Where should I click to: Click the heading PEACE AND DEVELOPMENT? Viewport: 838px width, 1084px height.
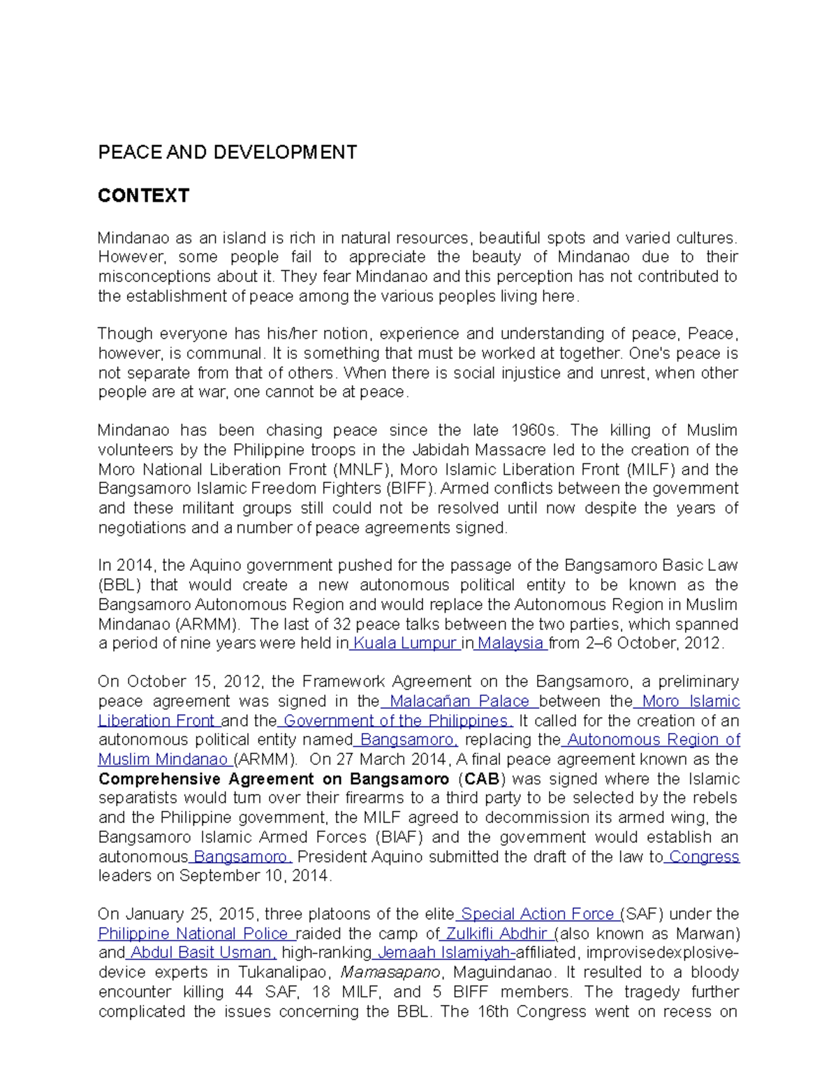click(x=227, y=153)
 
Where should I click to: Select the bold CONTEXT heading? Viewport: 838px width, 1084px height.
click(x=143, y=195)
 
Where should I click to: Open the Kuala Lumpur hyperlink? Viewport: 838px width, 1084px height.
click(x=404, y=644)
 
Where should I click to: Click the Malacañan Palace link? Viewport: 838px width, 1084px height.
click(x=459, y=701)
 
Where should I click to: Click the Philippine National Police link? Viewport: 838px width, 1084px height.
click(x=193, y=934)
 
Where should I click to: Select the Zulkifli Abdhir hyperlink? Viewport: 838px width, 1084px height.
click(x=496, y=934)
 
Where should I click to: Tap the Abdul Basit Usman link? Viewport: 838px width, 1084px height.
click(x=201, y=953)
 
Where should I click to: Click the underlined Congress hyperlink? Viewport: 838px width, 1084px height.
click(x=703, y=857)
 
